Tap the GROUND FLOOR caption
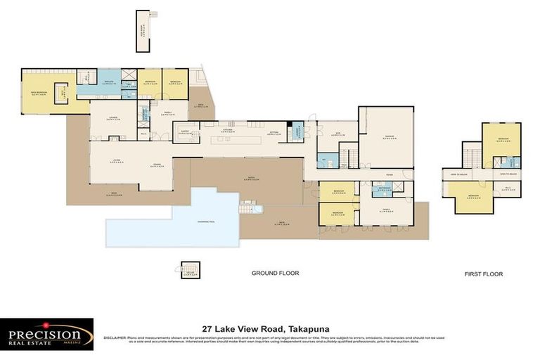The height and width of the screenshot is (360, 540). [x=276, y=274]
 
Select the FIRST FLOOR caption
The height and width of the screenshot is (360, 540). [x=483, y=274]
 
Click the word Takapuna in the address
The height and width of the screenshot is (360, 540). [x=309, y=328]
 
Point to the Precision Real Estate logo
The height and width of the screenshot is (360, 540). [x=46, y=333]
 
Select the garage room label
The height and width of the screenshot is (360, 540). [x=386, y=137]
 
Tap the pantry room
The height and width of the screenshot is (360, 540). [x=186, y=131]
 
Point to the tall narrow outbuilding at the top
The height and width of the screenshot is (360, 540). [x=143, y=30]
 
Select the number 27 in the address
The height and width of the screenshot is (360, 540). [x=207, y=328]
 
